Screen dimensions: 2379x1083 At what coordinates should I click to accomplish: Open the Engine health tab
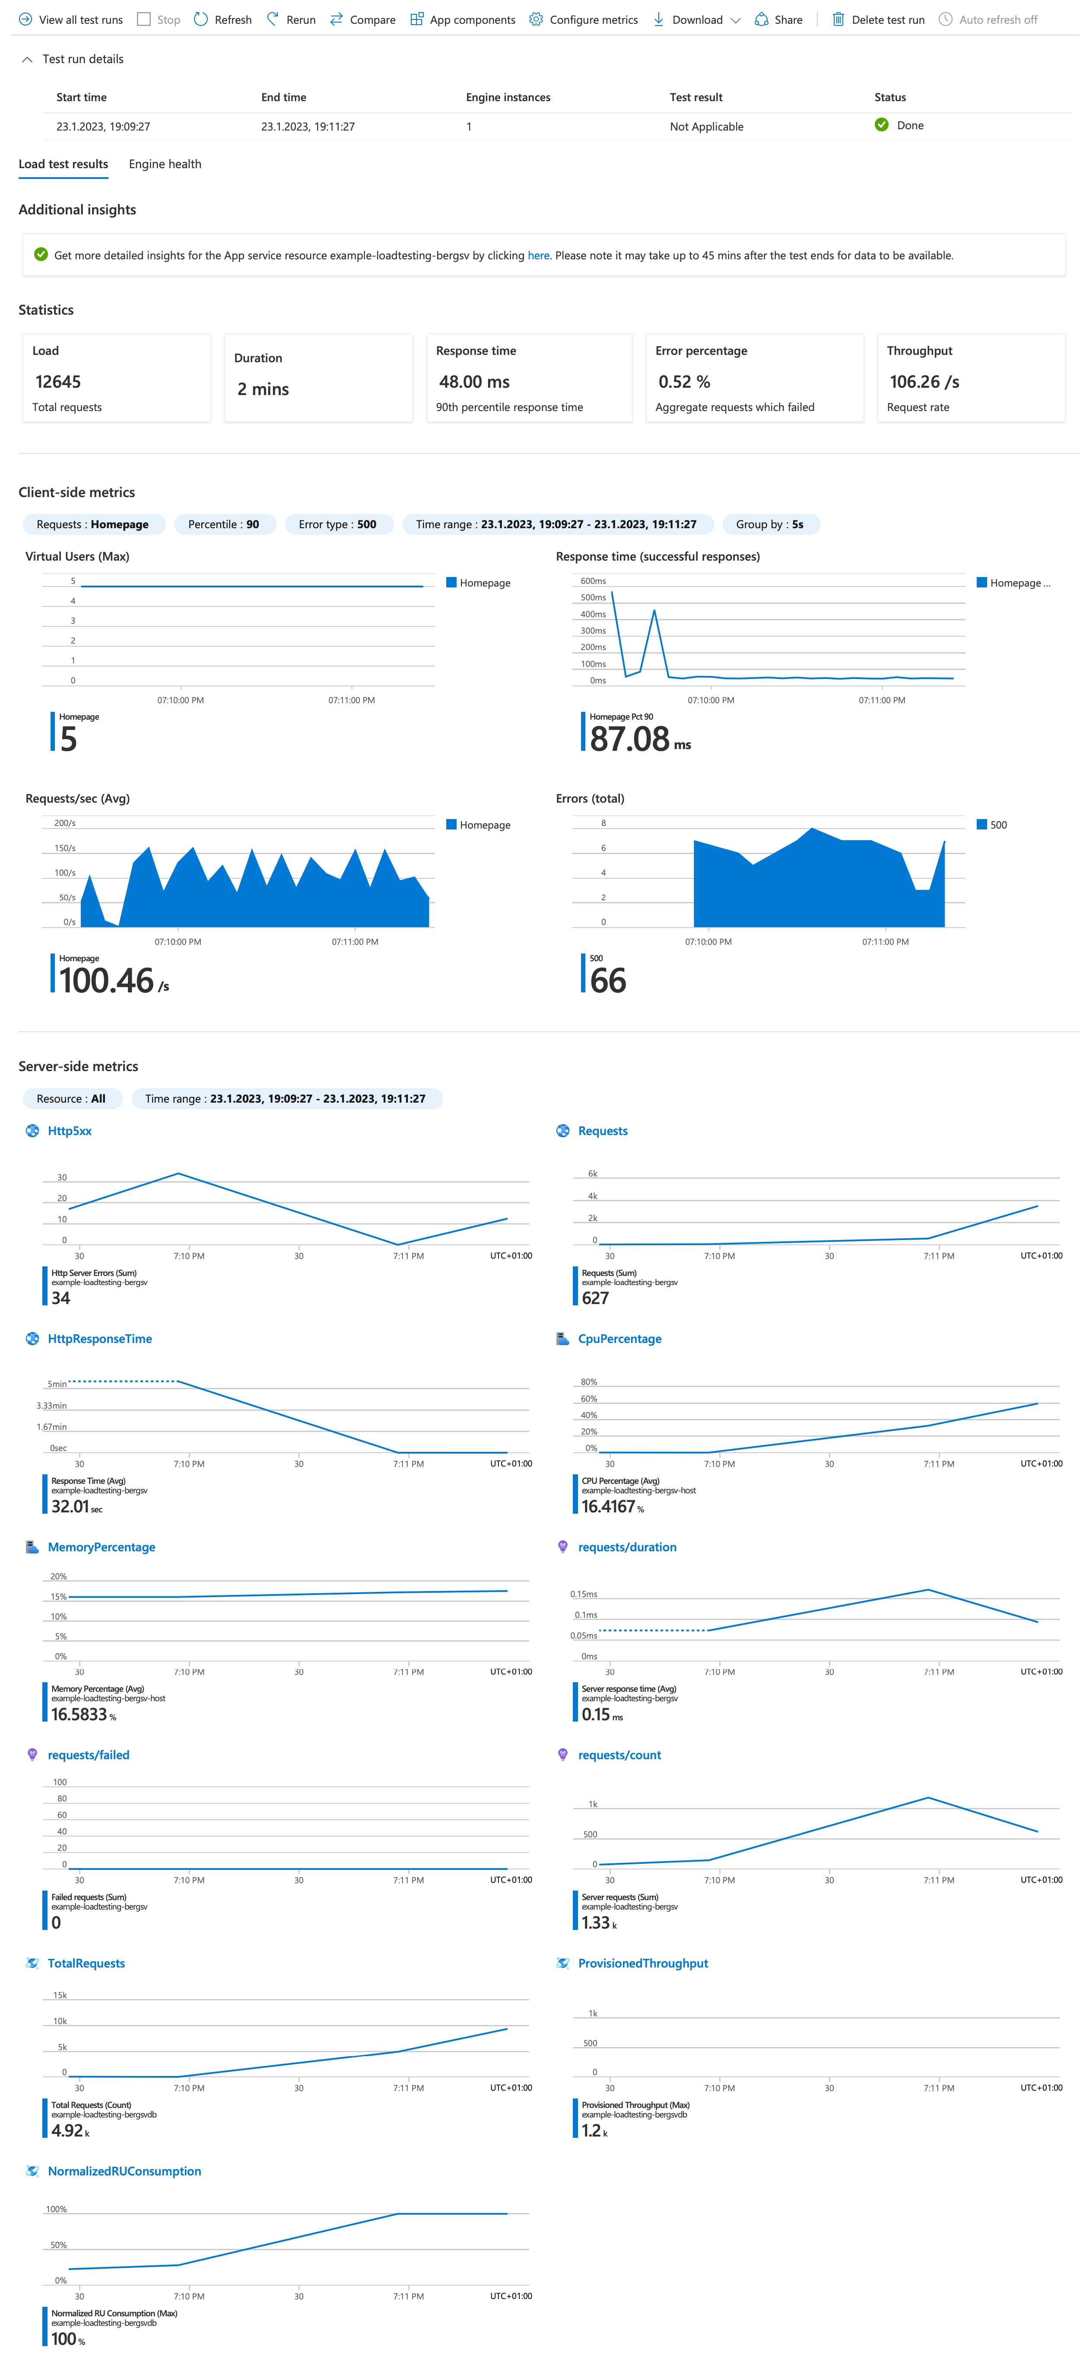point(164,164)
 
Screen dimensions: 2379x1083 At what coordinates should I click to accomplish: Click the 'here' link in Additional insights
point(538,256)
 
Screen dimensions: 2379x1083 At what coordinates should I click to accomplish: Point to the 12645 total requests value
point(58,381)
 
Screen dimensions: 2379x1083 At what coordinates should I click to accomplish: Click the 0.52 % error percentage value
point(684,381)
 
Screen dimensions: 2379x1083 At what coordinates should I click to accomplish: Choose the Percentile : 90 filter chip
point(223,525)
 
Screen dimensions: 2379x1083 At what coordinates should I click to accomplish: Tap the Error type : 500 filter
point(337,525)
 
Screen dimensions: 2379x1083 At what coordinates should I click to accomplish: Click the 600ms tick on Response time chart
point(593,581)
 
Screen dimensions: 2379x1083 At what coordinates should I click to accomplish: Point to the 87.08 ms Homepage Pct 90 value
point(639,739)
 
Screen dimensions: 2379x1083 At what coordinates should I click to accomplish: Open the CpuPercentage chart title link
point(619,1339)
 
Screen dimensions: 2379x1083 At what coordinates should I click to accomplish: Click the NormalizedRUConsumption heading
point(124,2171)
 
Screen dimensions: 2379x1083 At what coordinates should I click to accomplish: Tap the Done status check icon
point(882,124)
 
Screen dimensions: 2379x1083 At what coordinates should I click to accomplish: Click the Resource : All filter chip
point(71,1099)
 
